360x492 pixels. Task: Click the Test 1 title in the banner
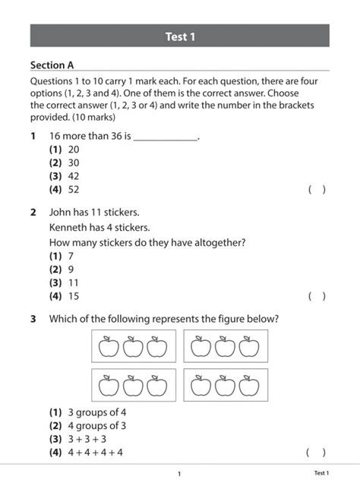point(180,36)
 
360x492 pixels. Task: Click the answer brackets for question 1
point(317,190)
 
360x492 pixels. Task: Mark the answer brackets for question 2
point(317,296)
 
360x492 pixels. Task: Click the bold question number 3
point(33,319)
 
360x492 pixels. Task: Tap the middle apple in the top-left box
point(133,347)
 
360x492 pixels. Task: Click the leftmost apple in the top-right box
point(201,347)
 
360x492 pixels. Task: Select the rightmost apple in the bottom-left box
point(156,386)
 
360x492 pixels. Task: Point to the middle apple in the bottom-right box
point(224,386)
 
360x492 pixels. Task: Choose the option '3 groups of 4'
point(87,412)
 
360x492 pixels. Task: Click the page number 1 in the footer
point(179,474)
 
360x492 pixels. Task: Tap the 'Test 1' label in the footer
point(321,473)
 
